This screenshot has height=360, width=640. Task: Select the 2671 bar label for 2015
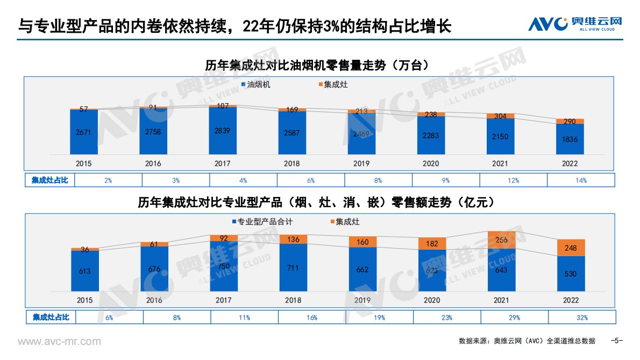click(83, 132)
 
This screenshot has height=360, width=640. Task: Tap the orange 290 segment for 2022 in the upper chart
click(570, 122)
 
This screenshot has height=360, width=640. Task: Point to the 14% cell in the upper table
click(581, 180)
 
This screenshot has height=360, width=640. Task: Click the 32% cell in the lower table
click(581, 317)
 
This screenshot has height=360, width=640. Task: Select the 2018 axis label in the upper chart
click(292, 164)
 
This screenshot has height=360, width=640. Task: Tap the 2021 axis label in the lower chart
click(501, 300)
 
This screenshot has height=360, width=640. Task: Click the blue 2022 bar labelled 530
click(570, 274)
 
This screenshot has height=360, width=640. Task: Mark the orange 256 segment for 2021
click(501, 240)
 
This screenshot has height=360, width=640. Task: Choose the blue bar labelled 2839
click(223, 131)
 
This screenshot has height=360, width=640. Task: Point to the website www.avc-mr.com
click(59, 341)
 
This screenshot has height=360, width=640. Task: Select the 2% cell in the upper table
click(108, 180)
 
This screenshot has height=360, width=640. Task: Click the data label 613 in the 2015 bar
click(84, 271)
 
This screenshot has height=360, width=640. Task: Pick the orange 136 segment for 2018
click(293, 239)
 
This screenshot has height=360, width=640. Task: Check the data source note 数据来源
click(527, 341)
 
